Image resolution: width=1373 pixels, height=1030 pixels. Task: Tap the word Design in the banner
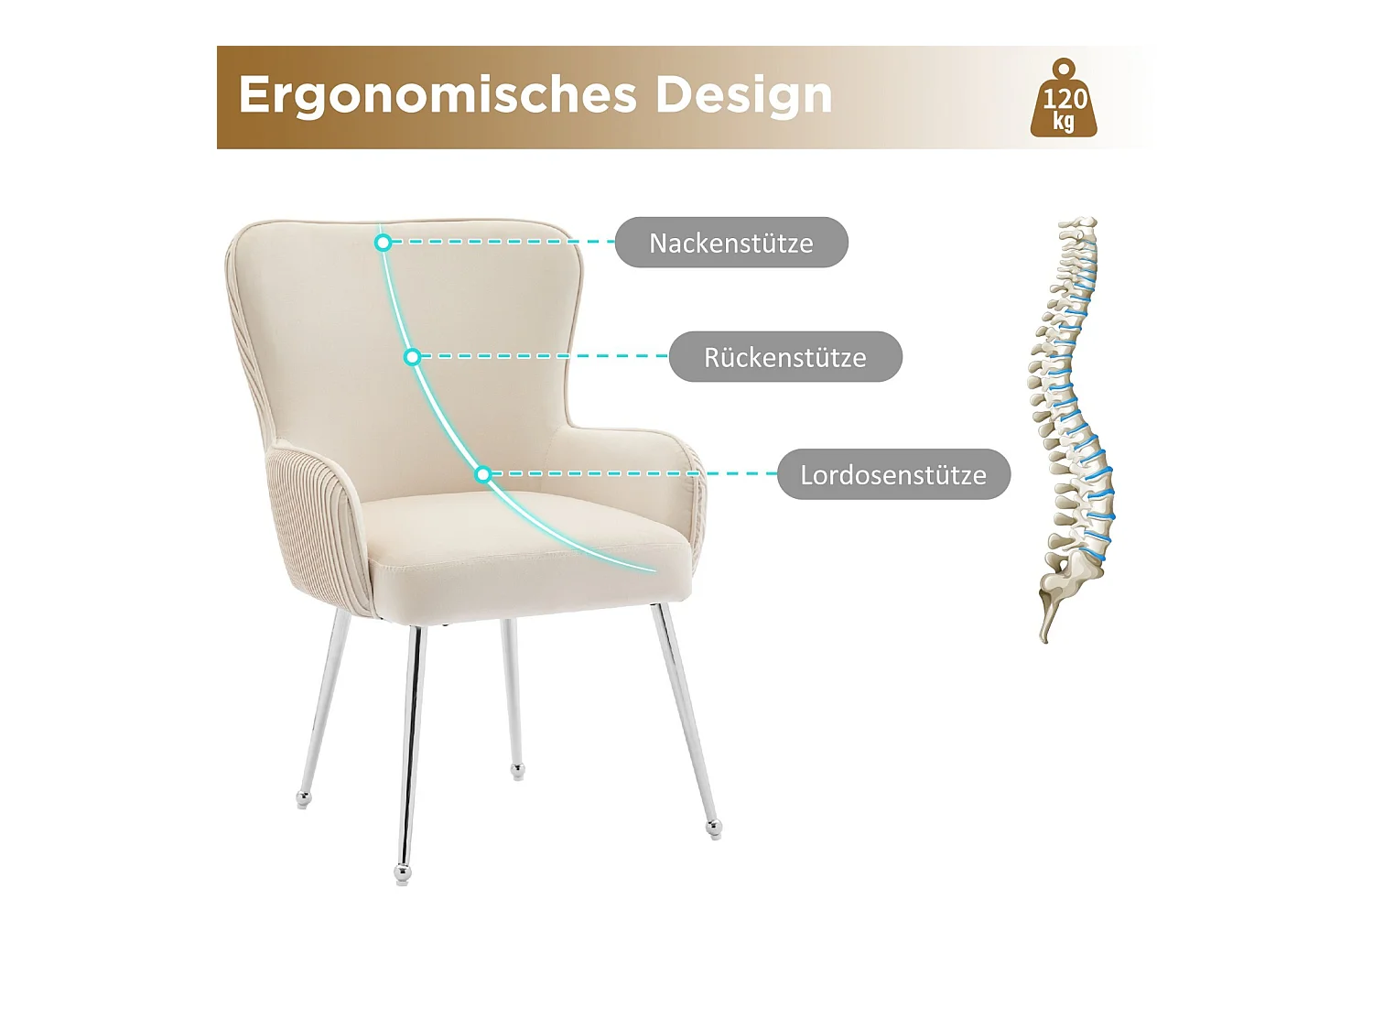[x=743, y=95]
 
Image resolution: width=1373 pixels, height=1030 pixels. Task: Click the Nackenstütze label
[x=731, y=243]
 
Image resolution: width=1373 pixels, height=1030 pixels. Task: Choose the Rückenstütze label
[x=785, y=357]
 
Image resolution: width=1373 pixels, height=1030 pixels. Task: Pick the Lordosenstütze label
[x=893, y=474]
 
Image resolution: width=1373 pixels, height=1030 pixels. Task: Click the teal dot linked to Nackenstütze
[x=384, y=243]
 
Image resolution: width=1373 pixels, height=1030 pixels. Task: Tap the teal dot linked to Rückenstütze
[x=413, y=357]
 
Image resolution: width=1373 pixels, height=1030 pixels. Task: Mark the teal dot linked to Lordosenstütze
[x=483, y=474]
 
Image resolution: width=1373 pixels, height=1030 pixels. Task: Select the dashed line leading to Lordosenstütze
[x=632, y=474]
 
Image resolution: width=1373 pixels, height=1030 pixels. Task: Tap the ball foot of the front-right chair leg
[x=714, y=829]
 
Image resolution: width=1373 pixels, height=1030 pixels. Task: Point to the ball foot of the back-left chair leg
[x=304, y=799]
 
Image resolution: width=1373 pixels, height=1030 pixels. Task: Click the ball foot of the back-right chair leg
[x=518, y=771]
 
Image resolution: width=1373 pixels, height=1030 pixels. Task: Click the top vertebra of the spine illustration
[x=1083, y=224]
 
